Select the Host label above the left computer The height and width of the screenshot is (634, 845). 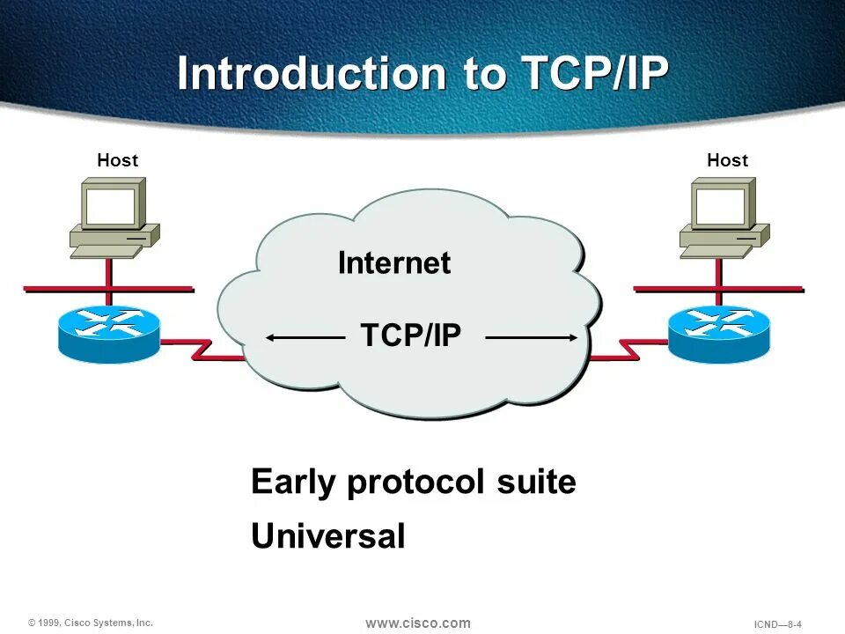[117, 160]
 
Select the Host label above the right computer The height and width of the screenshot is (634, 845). [727, 160]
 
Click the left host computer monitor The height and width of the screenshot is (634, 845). [111, 204]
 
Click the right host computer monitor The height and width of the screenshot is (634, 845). [721, 204]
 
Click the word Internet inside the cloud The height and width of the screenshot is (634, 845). [394, 262]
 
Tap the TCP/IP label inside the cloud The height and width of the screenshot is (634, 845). [411, 335]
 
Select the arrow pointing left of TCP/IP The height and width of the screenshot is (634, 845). [305, 336]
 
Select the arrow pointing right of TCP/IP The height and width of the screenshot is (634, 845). [532, 336]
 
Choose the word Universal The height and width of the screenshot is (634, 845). [328, 536]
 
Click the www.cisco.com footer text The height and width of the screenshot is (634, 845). [418, 623]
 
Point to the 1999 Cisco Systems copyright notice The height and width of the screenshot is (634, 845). [91, 623]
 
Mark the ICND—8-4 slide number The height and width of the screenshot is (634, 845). [778, 624]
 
